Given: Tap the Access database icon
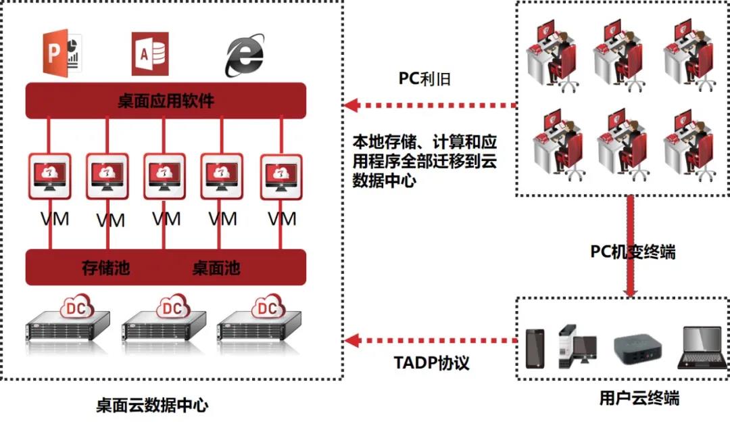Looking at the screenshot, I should pyautogui.click(x=149, y=53).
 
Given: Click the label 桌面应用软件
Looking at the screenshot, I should pyautogui.click(x=166, y=101).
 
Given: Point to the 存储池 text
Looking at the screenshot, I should pyautogui.click(x=105, y=268).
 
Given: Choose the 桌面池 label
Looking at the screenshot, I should pyautogui.click(x=216, y=268).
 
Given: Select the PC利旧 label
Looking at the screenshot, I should pyautogui.click(x=424, y=79).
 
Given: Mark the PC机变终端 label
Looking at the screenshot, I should pyautogui.click(x=633, y=252).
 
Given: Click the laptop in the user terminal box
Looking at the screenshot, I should pyautogui.click(x=700, y=347).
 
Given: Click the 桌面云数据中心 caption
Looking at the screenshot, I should pyautogui.click(x=152, y=405).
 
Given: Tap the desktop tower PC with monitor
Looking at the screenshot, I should pyautogui.click(x=577, y=347).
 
